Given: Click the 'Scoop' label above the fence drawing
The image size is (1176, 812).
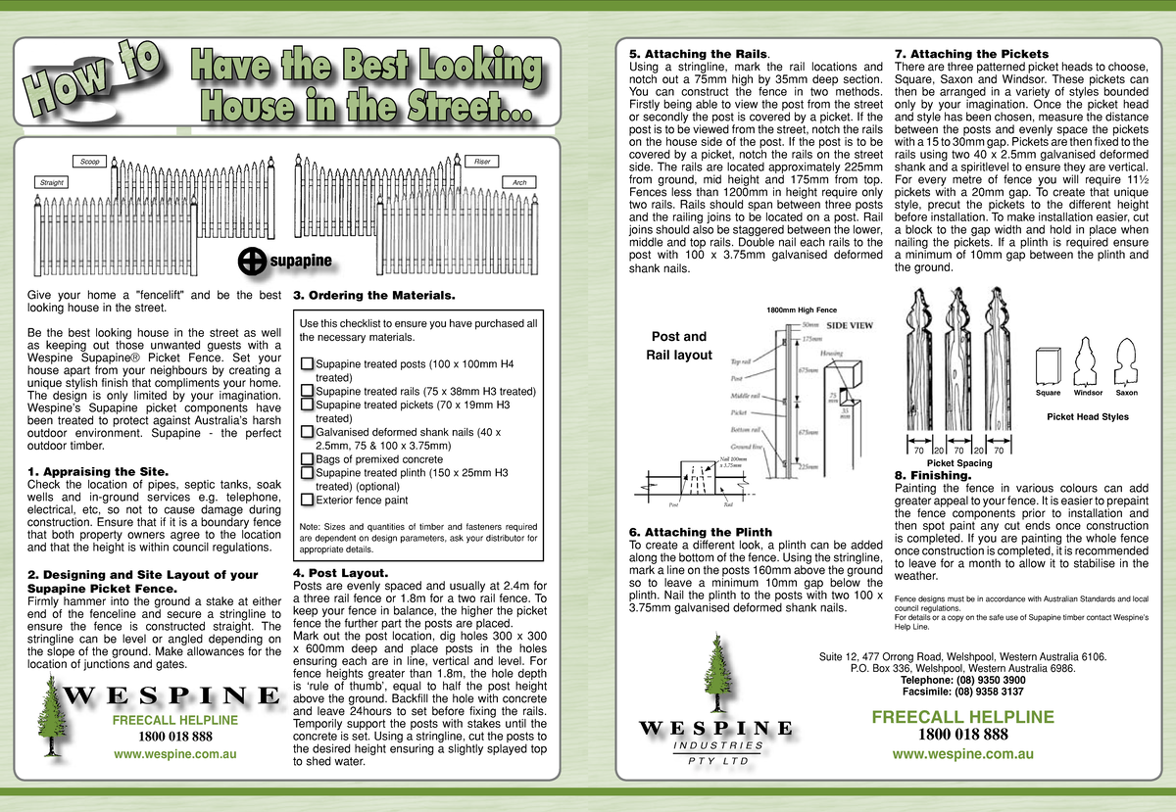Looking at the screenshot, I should (x=89, y=161).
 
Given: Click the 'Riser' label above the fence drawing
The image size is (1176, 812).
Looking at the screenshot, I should (x=482, y=161).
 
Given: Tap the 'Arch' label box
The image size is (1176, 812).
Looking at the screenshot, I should (x=518, y=183).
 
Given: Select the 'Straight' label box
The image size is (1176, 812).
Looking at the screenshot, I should (x=51, y=183).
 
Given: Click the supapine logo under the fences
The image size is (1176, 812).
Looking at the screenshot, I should (x=286, y=261).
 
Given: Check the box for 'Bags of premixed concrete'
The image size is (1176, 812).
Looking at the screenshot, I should (x=307, y=458).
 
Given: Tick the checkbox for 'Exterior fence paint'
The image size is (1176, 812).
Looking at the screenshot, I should (x=307, y=500).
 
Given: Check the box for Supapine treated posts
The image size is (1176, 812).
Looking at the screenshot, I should (x=307, y=364).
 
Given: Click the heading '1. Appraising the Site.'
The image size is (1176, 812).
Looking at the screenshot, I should (x=98, y=472).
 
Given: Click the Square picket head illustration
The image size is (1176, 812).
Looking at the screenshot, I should (x=1048, y=364).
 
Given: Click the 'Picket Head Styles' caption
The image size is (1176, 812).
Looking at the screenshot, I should (x=1088, y=416).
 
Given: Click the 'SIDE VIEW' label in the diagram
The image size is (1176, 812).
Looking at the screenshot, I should (x=852, y=325).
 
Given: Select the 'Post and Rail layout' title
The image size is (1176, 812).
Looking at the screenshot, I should (x=679, y=345).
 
